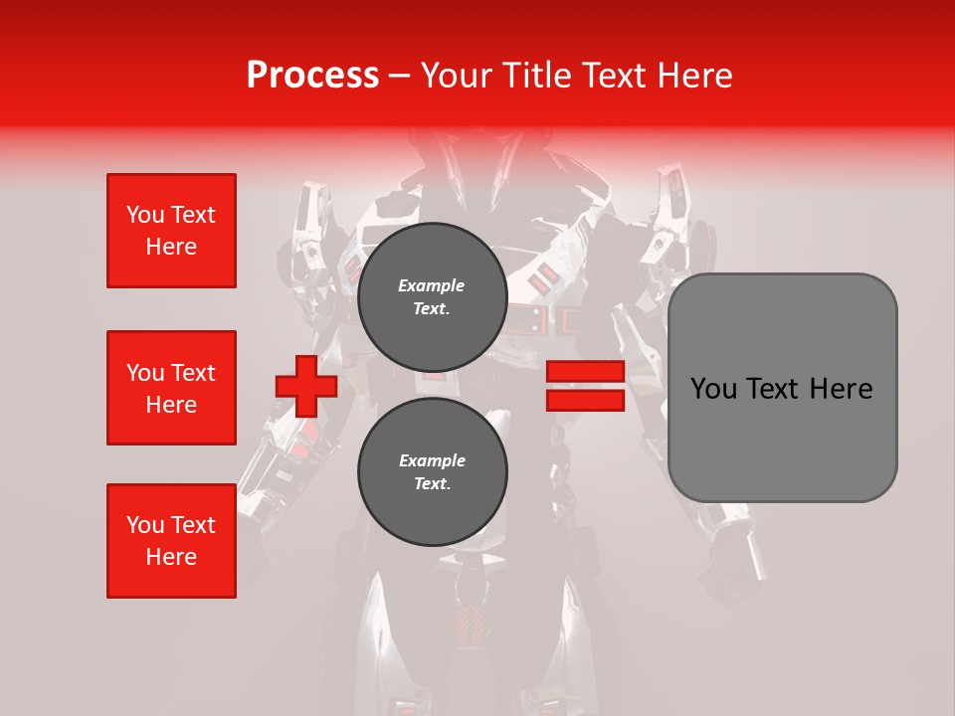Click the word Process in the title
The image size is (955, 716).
pyautogui.click(x=312, y=75)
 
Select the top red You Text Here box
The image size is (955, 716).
pyautogui.click(x=171, y=231)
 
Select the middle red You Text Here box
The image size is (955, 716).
pyautogui.click(x=171, y=388)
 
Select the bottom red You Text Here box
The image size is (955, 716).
pyautogui.click(x=171, y=541)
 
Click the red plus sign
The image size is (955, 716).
pyautogui.click(x=306, y=386)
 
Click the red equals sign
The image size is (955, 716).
pyautogui.click(x=585, y=386)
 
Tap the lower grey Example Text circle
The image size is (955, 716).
pyautogui.click(x=432, y=471)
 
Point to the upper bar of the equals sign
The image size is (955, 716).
pyautogui.click(x=585, y=372)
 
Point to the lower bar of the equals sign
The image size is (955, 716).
pyautogui.click(x=585, y=400)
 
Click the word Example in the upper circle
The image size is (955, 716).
pyautogui.click(x=432, y=285)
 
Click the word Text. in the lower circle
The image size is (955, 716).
pyautogui.click(x=432, y=484)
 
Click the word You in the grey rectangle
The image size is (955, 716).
pyautogui.click(x=712, y=388)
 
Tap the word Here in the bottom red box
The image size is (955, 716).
pyautogui.click(x=171, y=557)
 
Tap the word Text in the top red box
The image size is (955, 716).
pyautogui.click(x=193, y=215)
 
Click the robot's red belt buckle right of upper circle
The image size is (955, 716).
pyautogui.click(x=571, y=320)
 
